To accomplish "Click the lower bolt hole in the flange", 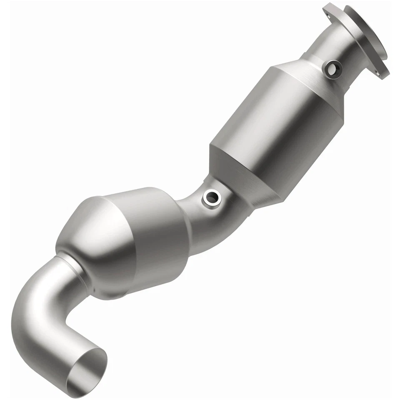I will click(x=378, y=73).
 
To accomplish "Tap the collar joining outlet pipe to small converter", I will click(x=71, y=267).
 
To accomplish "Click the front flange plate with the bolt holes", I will click(x=354, y=37).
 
